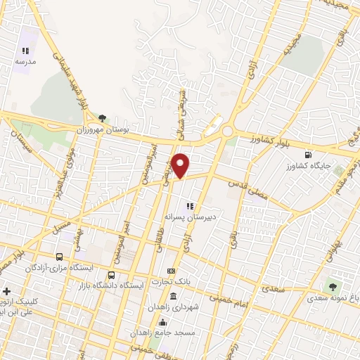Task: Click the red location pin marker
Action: click(x=181, y=165)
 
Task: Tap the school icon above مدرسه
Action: click(x=26, y=51)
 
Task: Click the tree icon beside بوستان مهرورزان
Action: click(x=103, y=118)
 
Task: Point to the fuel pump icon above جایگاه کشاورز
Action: click(x=308, y=155)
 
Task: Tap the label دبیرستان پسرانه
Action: click(x=188, y=217)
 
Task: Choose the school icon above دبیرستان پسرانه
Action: click(x=188, y=206)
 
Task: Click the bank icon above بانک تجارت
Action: click(x=170, y=271)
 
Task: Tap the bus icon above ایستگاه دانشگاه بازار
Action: click(x=111, y=275)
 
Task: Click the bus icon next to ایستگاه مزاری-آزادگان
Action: click(x=59, y=257)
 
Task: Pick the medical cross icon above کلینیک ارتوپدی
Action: click(x=6, y=291)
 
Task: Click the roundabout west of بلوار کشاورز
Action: click(x=227, y=131)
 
